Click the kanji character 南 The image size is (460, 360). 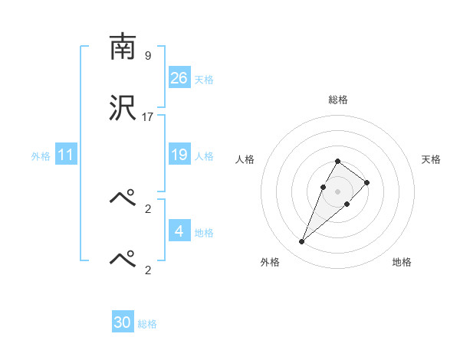(x=123, y=47)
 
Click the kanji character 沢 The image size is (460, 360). (x=123, y=109)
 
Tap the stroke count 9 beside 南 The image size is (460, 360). (x=147, y=56)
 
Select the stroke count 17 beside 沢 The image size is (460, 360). (x=148, y=117)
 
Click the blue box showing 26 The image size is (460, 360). (x=179, y=78)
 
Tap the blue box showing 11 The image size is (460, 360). (x=66, y=155)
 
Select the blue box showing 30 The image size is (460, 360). (x=123, y=323)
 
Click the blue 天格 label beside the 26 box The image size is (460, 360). (x=204, y=80)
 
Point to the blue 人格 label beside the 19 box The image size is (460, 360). (x=204, y=156)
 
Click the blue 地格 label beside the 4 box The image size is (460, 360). (x=204, y=233)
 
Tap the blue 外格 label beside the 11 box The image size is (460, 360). (x=41, y=156)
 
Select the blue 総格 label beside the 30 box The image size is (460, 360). (x=147, y=324)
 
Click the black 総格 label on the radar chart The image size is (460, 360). (x=338, y=100)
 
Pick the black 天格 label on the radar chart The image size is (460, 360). (x=432, y=159)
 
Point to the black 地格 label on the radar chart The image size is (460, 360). (x=402, y=262)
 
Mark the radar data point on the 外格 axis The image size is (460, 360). (x=301, y=242)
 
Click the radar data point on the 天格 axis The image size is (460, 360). (x=367, y=182)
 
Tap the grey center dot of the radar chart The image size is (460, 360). (x=338, y=191)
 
